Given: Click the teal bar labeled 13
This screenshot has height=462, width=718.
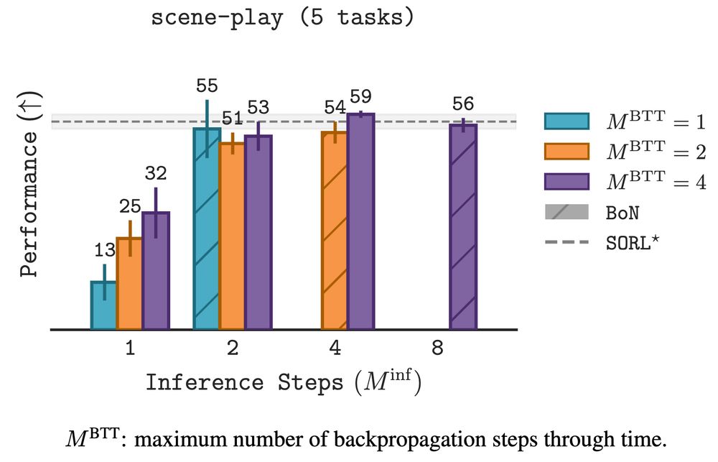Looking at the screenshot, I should coord(103,305).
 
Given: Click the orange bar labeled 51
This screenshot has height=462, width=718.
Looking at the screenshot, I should coord(232,236).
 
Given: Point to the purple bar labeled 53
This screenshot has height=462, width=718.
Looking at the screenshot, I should coord(258,233).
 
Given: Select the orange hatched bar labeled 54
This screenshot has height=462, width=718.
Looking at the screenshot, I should coord(335,231).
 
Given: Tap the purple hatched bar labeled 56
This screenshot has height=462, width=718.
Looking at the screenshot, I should coord(463,227).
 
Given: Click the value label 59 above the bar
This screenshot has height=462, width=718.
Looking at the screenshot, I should coord(360,96).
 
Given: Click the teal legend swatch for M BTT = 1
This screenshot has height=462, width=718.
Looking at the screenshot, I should coord(567,121).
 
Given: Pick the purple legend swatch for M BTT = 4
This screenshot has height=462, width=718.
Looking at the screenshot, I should coord(567,182).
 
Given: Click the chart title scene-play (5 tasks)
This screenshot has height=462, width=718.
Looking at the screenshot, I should coord(283,17).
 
